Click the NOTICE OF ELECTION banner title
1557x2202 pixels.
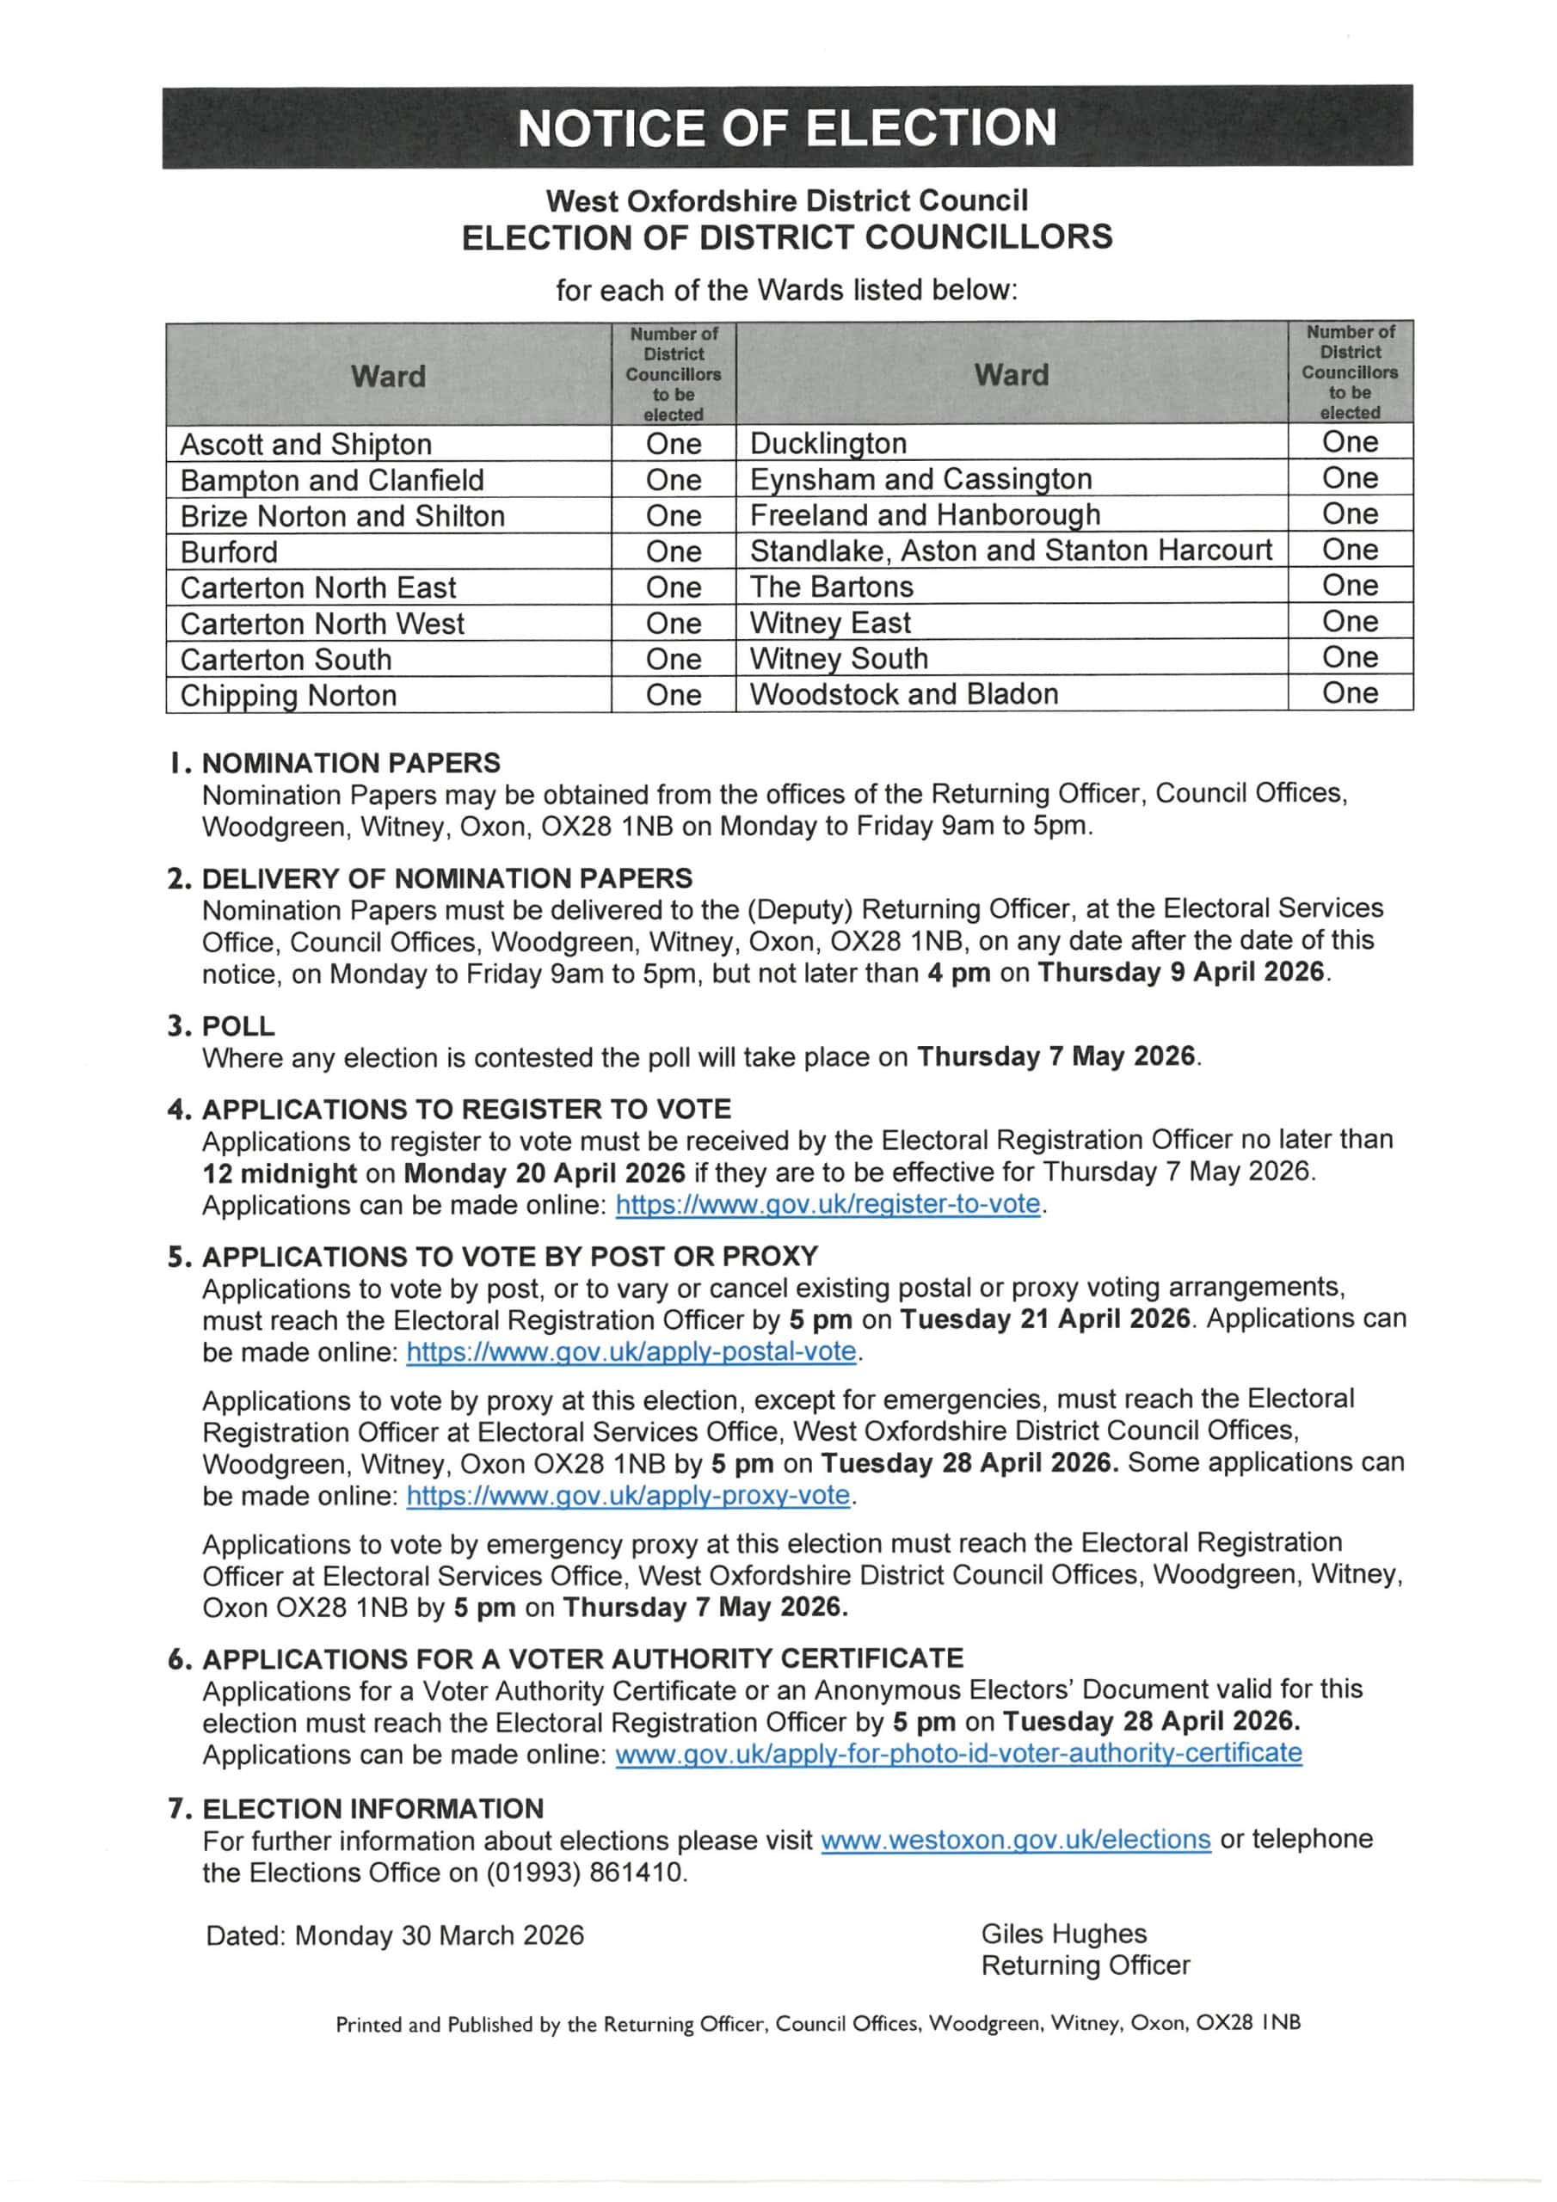coord(786,127)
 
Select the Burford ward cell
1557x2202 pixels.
coord(230,552)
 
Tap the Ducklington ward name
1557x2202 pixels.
coord(828,443)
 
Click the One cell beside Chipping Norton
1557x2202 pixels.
coord(674,695)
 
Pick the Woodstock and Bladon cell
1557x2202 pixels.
coord(904,694)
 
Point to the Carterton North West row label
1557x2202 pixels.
coord(323,624)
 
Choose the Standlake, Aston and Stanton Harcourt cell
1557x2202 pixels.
coord(1010,550)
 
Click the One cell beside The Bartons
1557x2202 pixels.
coord(1350,586)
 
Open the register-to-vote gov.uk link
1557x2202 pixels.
coord(828,1204)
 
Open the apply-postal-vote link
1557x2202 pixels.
coord(631,1352)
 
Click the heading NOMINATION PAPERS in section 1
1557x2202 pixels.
coord(351,764)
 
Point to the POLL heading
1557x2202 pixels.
coord(238,1026)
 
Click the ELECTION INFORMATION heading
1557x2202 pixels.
coord(373,1809)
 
